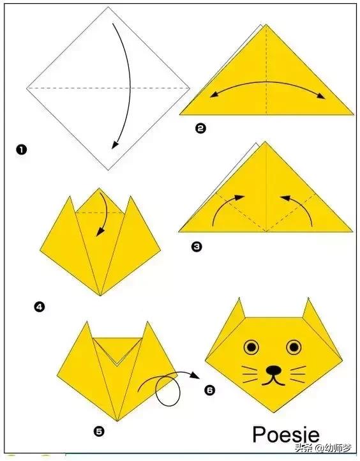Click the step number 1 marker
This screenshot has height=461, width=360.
[x=22, y=150]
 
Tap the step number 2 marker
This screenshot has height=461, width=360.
[x=200, y=128]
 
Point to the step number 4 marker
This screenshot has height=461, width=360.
[x=40, y=307]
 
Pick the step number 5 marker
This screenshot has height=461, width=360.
[x=99, y=431]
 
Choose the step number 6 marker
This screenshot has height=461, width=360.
[x=209, y=388]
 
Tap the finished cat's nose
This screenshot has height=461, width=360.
[x=273, y=369]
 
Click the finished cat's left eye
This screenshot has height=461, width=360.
[x=251, y=347]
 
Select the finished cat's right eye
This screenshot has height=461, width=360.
[x=294, y=347]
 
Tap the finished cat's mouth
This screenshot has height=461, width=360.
[x=273, y=380]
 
